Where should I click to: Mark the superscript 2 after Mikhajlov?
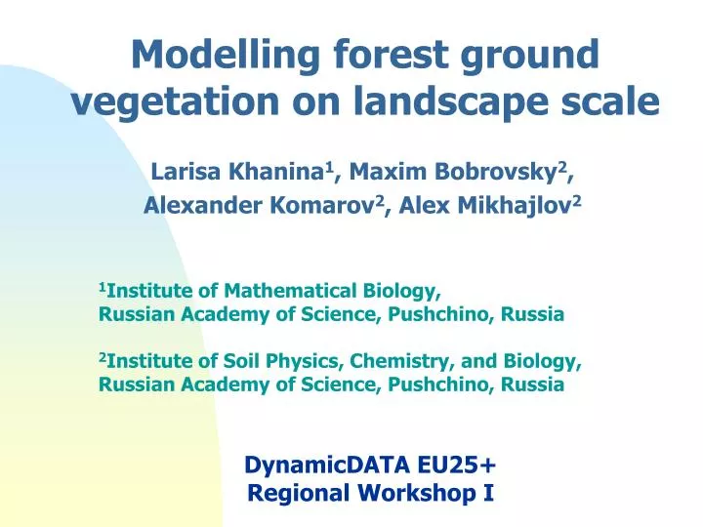[577, 199]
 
